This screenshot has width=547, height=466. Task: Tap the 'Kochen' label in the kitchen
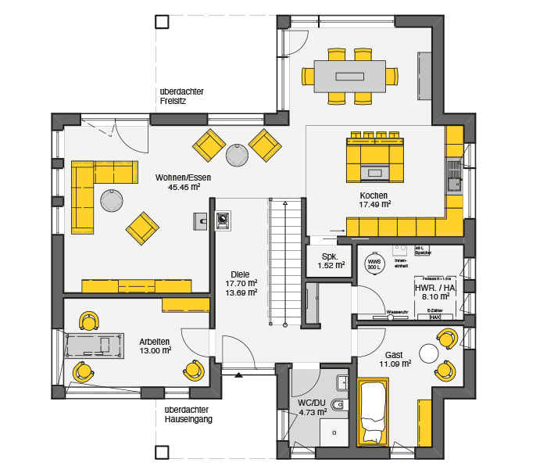pyautogui.click(x=374, y=195)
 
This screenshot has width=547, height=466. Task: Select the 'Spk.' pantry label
pyautogui.click(x=329, y=256)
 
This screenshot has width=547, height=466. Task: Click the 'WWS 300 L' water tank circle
pyautogui.click(x=374, y=263)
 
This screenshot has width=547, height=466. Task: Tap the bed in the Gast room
pyautogui.click(x=373, y=412)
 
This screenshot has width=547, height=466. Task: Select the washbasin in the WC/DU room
pyautogui.click(x=342, y=382)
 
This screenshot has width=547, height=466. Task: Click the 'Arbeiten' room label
pyautogui.click(x=155, y=341)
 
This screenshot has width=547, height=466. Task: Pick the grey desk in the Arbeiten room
pyautogui.click(x=94, y=346)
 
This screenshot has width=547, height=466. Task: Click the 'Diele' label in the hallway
pyautogui.click(x=241, y=274)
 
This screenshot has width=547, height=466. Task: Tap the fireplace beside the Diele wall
pyautogui.click(x=223, y=220)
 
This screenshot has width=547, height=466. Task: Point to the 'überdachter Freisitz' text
pyautogui.click(x=181, y=96)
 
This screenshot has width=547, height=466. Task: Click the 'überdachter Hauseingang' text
pyautogui.click(x=188, y=414)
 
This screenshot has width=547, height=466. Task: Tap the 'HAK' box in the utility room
pyautogui.click(x=434, y=317)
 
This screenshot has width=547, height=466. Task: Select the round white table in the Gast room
pyautogui.click(x=429, y=353)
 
